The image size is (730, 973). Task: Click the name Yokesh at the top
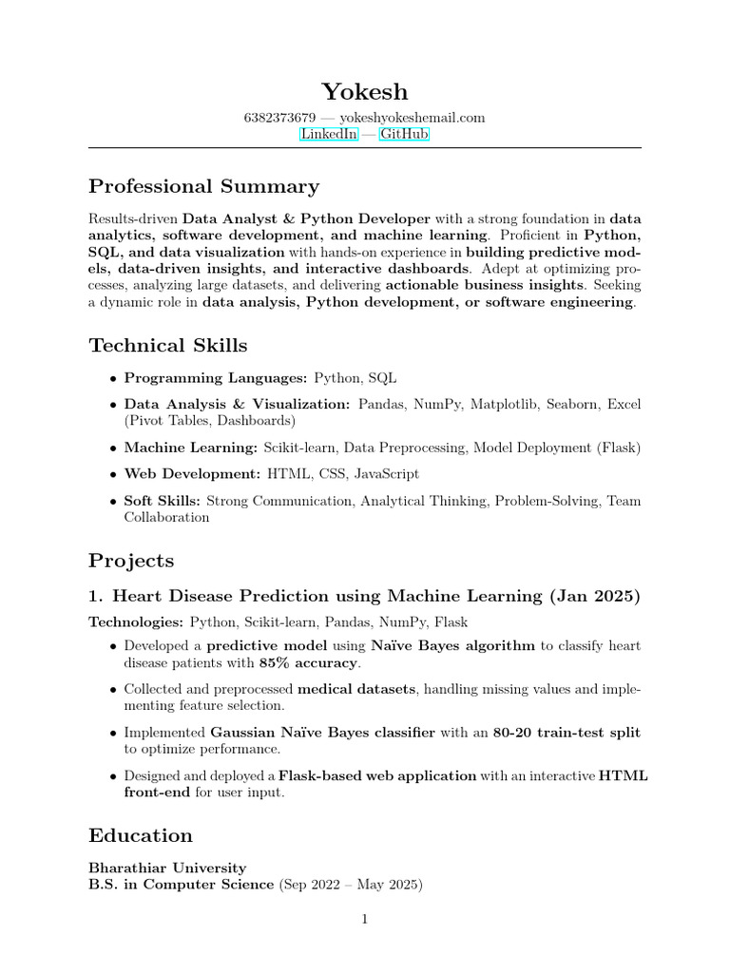click(365, 91)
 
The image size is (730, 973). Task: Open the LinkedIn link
click(329, 135)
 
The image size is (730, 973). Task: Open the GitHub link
click(404, 135)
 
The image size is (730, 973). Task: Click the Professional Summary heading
click(203, 186)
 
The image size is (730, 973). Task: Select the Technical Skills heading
click(168, 345)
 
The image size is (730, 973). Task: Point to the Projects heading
click(131, 561)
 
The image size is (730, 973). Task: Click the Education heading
click(141, 835)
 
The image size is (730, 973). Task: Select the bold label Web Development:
click(192, 473)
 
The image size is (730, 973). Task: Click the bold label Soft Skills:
click(163, 501)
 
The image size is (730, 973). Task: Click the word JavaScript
click(386, 473)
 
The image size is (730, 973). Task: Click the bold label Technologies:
click(136, 622)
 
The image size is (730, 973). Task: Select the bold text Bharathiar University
click(167, 868)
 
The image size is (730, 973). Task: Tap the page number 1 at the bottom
click(364, 919)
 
